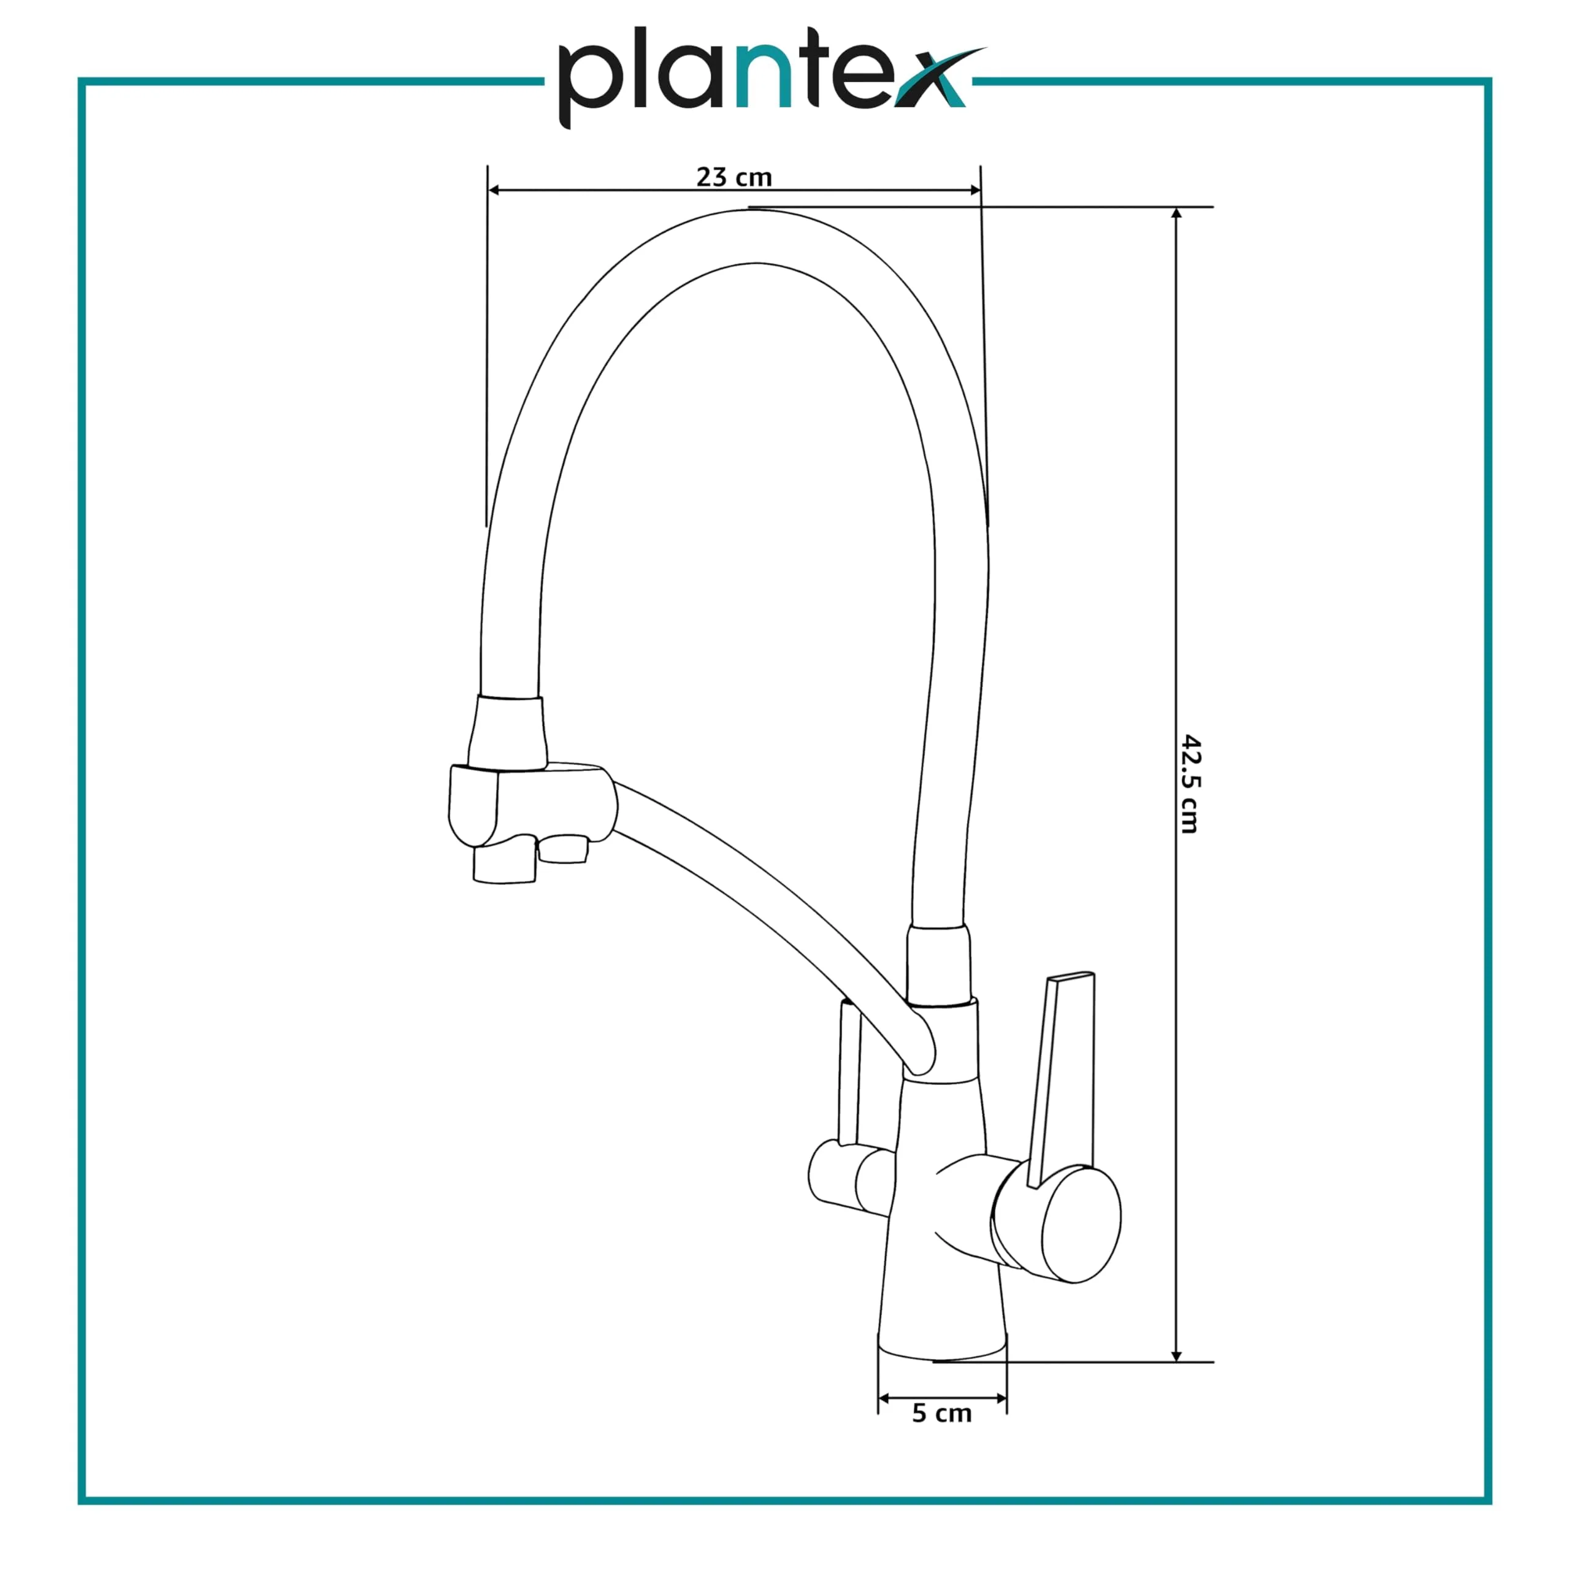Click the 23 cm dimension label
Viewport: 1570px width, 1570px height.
coord(734,177)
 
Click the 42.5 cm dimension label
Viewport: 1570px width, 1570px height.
coord(1189,784)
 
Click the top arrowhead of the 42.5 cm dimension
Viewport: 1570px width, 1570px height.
coord(1176,213)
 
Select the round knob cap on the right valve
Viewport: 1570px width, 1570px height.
coord(1081,1225)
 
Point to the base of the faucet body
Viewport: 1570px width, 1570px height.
coord(943,1345)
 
